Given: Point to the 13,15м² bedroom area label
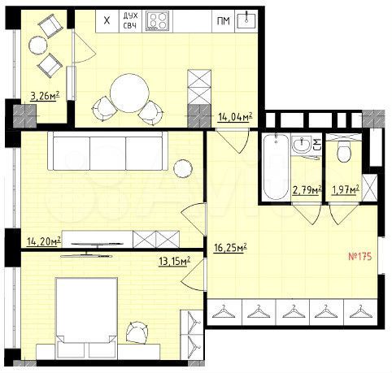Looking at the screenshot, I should [x=174, y=261].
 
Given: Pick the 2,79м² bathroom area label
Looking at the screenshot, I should [x=306, y=191].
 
